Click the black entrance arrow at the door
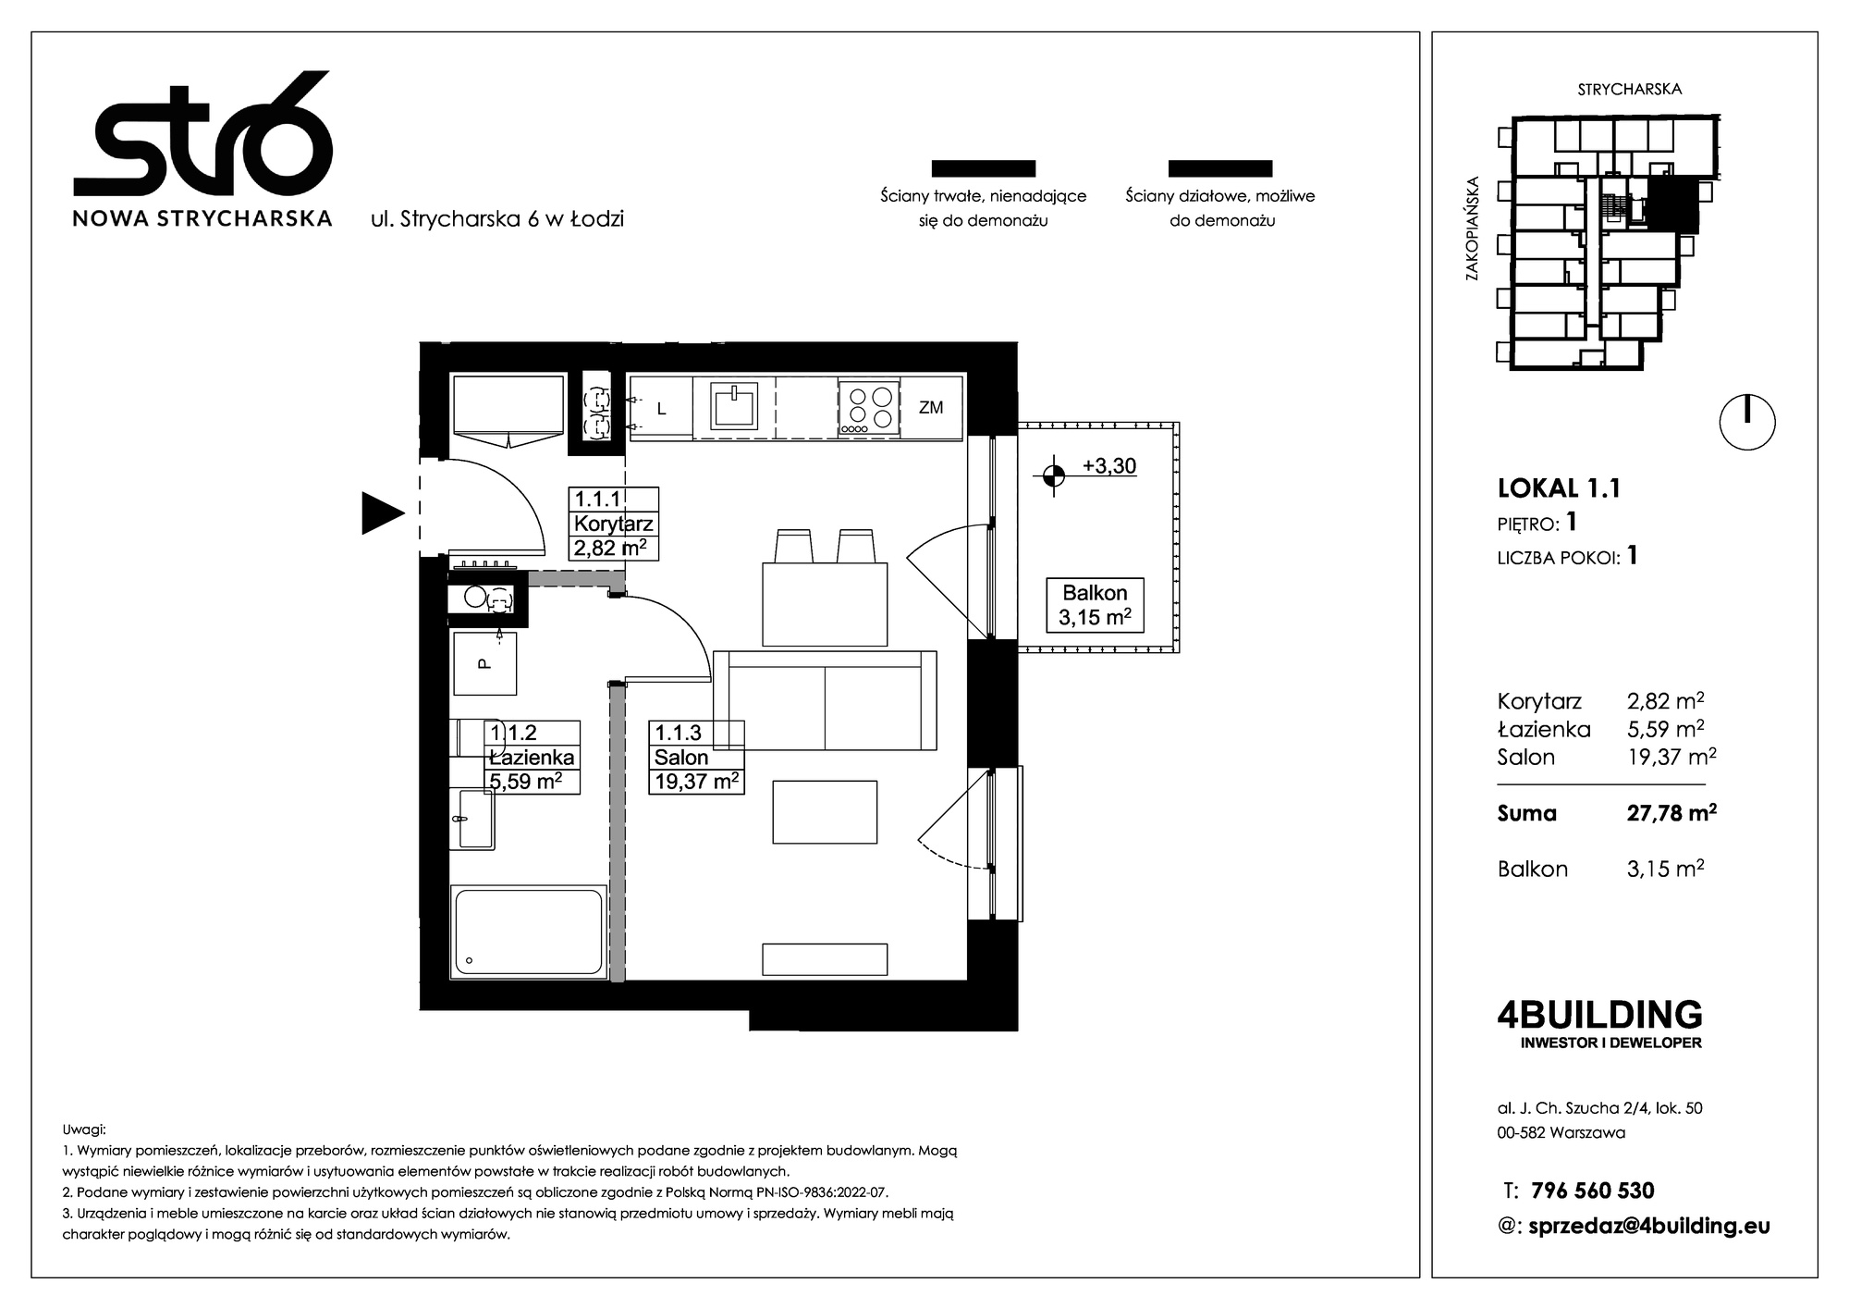click(382, 512)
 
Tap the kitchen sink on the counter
click(733, 405)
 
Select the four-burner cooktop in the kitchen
click(868, 407)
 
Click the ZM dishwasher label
click(931, 406)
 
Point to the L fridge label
click(661, 408)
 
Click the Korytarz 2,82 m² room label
click(614, 524)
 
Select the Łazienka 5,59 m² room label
click(533, 758)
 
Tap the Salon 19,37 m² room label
click(696, 758)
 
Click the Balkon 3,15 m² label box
click(1095, 605)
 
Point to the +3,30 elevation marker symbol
click(1052, 475)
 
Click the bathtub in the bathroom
click(529, 932)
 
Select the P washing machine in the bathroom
click(485, 662)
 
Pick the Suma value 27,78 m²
click(1671, 813)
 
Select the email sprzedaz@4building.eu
click(1650, 1227)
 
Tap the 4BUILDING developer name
click(1599, 1015)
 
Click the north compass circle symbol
click(1747, 423)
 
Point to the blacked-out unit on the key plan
click(1673, 204)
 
